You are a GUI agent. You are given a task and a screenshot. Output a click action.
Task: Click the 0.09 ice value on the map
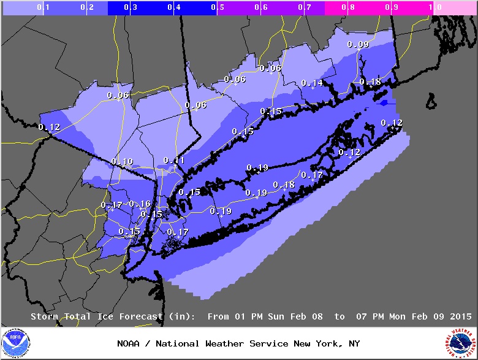[x=358, y=44]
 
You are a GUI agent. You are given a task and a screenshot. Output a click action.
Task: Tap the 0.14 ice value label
[x=312, y=83]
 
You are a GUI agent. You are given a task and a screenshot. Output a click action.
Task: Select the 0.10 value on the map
[x=122, y=161]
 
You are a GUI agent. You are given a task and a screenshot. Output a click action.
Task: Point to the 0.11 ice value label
[x=174, y=160]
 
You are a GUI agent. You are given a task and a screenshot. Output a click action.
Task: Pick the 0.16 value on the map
[x=140, y=204]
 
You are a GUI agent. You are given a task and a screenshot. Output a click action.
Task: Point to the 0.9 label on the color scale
[x=395, y=8]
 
